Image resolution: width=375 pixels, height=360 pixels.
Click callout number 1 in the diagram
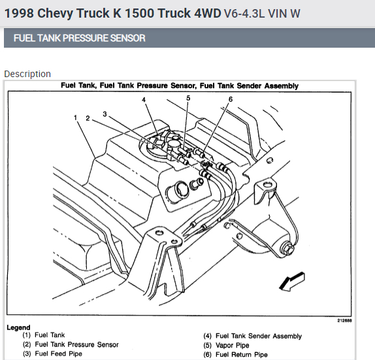pos(76,118)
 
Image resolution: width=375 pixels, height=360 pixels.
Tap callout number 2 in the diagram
pos(88,118)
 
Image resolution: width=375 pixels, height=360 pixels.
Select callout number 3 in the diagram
pos(105,114)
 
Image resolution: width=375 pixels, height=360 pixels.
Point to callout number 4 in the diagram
pos(144,99)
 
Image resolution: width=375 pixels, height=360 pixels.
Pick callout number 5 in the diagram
pos(188,98)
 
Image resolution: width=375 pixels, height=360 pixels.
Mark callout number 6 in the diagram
pos(231,99)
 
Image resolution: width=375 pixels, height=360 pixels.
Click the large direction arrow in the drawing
pos(292,282)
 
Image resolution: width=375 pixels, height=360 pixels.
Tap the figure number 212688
pos(344,321)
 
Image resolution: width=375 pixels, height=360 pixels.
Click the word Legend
pos(18,327)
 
